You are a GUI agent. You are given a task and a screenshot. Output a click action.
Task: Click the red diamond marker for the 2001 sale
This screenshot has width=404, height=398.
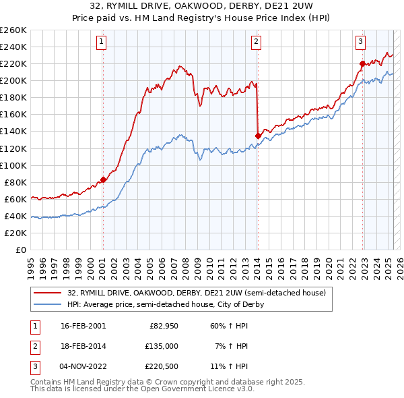pos(103,179)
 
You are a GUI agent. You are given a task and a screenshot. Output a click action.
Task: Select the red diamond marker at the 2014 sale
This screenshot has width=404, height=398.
pos(258,136)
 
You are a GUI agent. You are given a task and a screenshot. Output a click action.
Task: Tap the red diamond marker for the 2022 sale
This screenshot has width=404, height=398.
pos(362,63)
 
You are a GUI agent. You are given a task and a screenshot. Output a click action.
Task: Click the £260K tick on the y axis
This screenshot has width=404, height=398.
pos(13,30)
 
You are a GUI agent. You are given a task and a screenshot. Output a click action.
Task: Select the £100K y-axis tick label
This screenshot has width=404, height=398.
pos(13,165)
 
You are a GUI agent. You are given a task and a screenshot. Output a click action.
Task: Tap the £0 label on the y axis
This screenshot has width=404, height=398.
pos(21,250)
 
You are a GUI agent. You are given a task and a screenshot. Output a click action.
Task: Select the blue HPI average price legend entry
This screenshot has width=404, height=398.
pos(166,304)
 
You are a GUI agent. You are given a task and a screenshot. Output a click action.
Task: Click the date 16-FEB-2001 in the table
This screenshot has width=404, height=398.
pos(83,326)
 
